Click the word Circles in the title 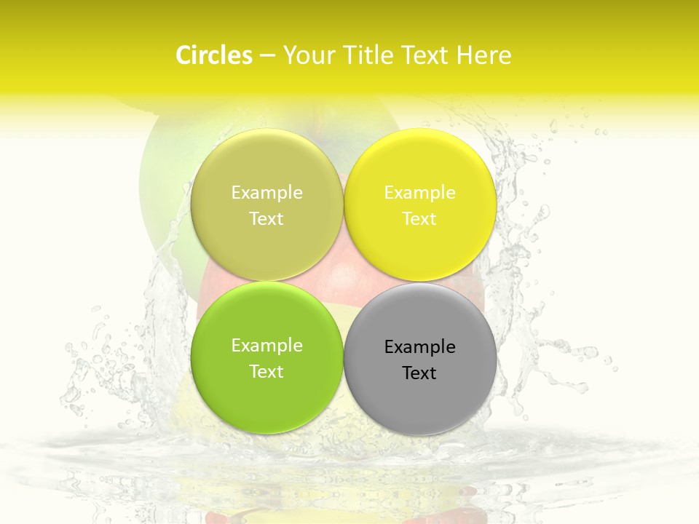pos(214,55)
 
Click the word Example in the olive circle pos(266,193)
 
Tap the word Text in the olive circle pos(266,218)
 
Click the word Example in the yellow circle pos(419,193)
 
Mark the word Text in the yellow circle pos(419,218)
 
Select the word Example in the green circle pos(266,346)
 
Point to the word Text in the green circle pos(266,371)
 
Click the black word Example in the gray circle pos(420,347)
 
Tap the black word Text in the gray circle pos(419,373)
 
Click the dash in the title pos(267,56)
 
